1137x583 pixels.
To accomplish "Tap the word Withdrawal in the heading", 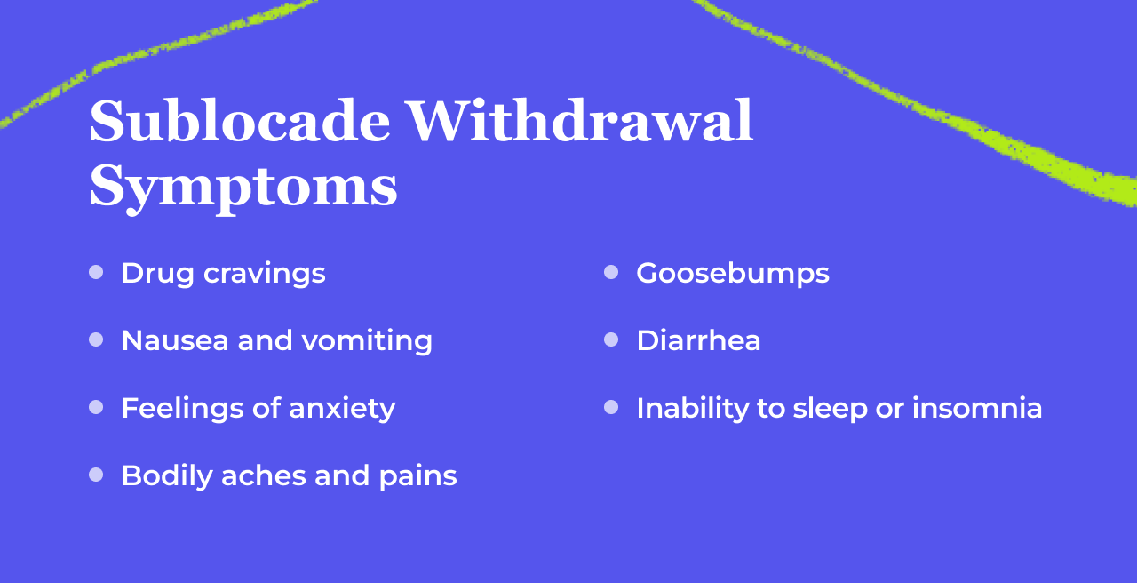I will click(580, 122).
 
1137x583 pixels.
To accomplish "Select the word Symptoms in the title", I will click(243, 187).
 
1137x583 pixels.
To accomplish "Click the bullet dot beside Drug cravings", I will click(96, 272).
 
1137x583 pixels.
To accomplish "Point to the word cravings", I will click(264, 274).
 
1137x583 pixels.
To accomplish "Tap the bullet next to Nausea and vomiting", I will click(96, 339).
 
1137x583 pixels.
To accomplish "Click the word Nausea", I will click(174, 340).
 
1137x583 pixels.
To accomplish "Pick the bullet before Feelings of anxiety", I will click(96, 407).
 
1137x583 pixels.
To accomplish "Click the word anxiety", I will click(342, 409).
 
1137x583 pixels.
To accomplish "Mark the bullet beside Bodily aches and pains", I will click(96, 475).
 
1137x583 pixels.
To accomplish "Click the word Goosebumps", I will click(733, 274).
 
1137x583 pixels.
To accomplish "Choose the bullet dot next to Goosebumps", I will click(611, 272).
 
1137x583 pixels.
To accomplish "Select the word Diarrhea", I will click(698, 340).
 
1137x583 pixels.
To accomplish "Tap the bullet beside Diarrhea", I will click(611, 339).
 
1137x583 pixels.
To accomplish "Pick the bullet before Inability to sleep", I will click(611, 407).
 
